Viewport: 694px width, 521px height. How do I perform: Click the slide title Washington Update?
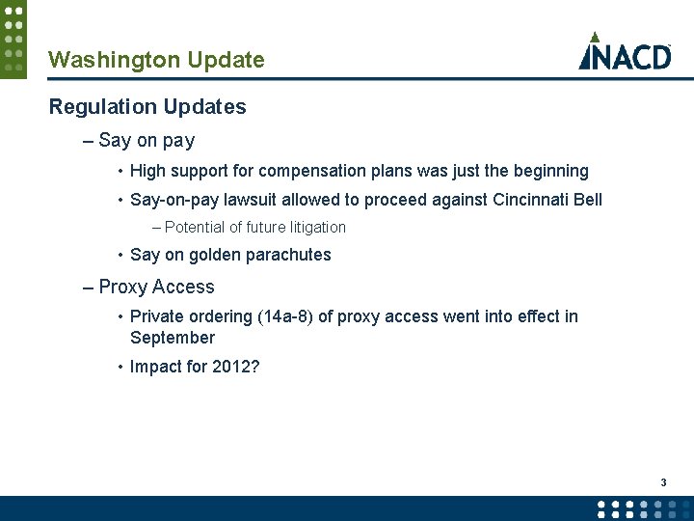coord(156,60)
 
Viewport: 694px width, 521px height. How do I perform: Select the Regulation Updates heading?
coord(147,107)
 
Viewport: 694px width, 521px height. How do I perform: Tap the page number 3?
coord(663,481)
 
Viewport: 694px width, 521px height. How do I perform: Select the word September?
coord(173,338)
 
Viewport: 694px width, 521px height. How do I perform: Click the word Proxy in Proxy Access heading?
coord(121,287)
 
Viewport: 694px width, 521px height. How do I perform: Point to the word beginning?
coord(546,171)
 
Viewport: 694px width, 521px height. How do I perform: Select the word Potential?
coord(196,228)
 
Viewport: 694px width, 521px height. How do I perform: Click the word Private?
coord(157,316)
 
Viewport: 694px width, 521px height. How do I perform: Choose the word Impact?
coord(154,367)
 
